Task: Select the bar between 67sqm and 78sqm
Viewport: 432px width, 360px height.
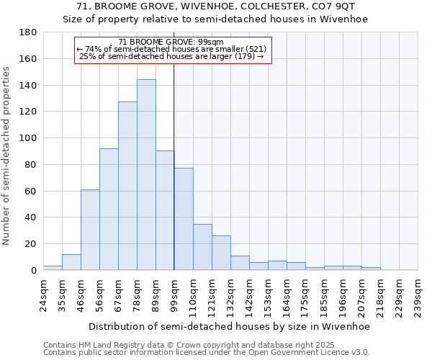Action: (127, 186)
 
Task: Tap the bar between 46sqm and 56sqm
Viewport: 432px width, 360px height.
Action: (90, 230)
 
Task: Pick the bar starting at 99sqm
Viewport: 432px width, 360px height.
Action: (184, 219)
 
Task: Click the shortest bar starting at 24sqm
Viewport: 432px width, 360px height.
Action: (53, 268)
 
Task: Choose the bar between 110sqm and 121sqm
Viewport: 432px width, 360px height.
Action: (202, 247)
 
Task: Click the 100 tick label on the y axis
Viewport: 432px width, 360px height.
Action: (29, 138)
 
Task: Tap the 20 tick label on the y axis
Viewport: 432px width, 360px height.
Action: (32, 244)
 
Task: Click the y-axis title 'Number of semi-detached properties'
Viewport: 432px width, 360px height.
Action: (7, 156)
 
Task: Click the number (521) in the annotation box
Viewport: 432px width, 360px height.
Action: (255, 49)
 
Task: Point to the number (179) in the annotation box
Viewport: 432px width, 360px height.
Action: (248, 55)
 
